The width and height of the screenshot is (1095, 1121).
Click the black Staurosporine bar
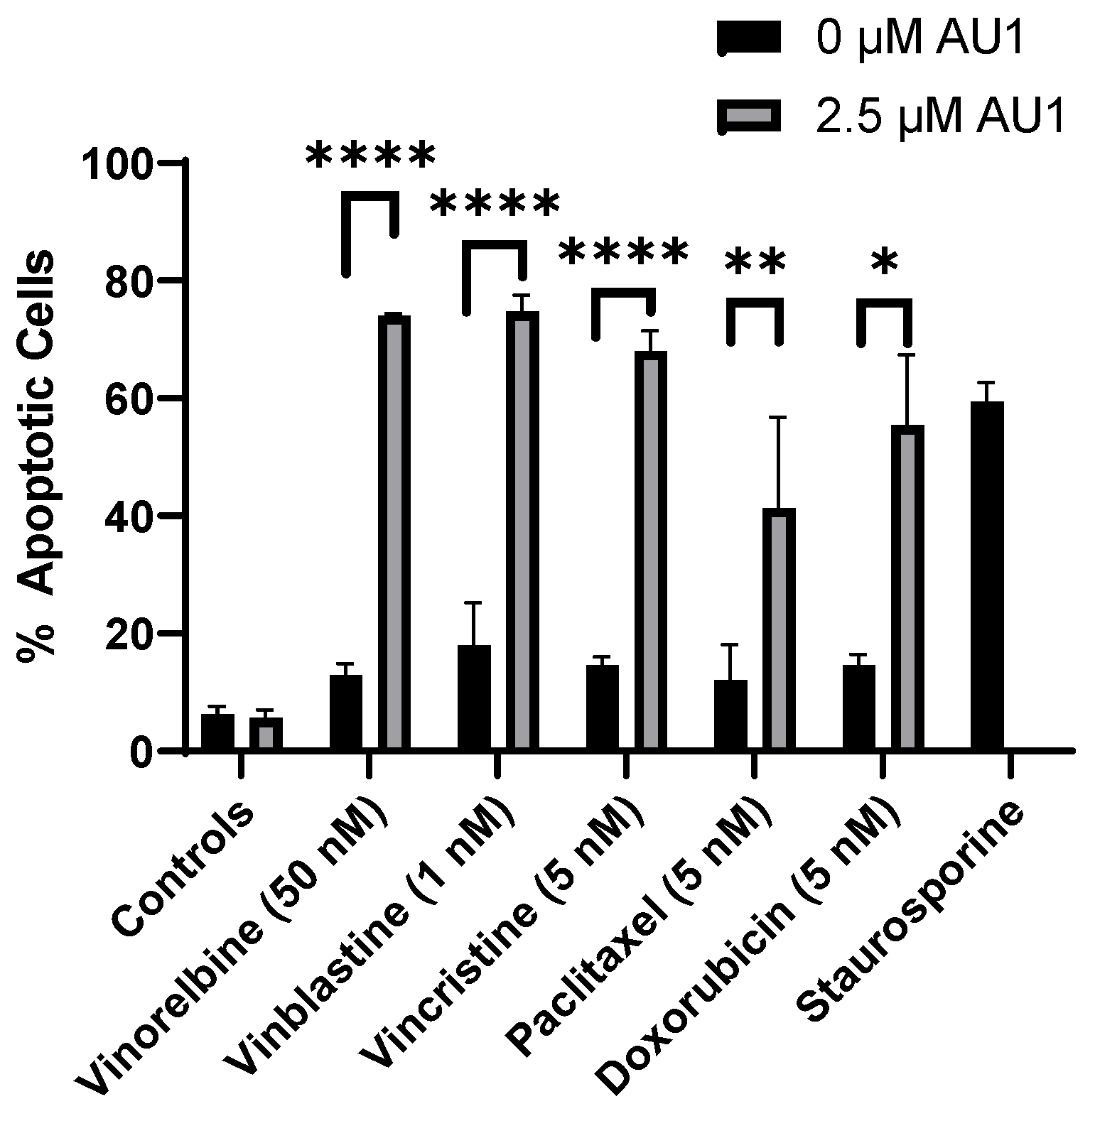pyautogui.click(x=986, y=575)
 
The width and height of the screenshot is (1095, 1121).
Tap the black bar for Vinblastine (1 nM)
pyautogui.click(x=474, y=697)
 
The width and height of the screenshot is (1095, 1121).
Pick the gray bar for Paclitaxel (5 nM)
pyautogui.click(x=780, y=629)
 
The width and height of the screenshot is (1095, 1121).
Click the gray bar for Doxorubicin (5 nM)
pyautogui.click(x=907, y=587)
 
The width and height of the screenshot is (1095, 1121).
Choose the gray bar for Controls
pyautogui.click(x=266, y=733)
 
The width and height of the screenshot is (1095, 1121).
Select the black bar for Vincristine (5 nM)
pyautogui.click(x=602, y=707)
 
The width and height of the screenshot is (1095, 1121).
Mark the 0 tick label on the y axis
pyautogui.click(x=142, y=752)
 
